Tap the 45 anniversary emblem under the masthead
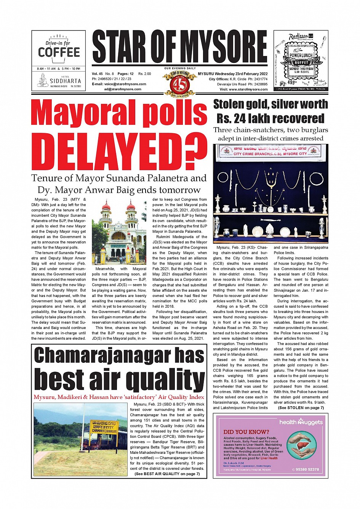click(x=179, y=83)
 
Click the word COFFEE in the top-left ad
click(x=59, y=52)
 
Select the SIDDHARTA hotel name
click(x=65, y=81)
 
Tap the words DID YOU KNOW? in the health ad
click(x=246, y=432)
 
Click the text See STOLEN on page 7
click(x=301, y=408)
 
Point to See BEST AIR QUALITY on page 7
click(x=167, y=474)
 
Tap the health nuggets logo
click(x=301, y=422)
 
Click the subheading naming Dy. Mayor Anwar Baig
click(x=119, y=190)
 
